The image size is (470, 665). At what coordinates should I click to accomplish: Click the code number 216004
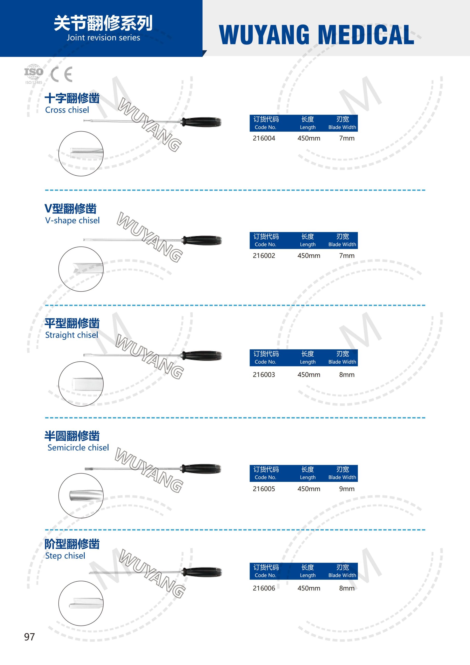pos(264,138)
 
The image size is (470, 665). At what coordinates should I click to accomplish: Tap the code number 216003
pos(264,375)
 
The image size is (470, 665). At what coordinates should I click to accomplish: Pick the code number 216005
pos(264,489)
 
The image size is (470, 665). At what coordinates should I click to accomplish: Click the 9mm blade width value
pos(347,489)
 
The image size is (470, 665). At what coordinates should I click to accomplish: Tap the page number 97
pos(29,637)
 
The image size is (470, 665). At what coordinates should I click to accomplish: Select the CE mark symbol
pos(61,75)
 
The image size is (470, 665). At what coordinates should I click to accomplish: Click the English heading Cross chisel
pos(67,110)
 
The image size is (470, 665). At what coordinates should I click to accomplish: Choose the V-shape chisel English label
pos(72,221)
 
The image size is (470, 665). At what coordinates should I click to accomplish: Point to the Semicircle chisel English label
pos(78,448)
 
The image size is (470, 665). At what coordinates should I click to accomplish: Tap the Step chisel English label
pos(65,556)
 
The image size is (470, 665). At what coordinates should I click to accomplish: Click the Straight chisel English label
pos(71,335)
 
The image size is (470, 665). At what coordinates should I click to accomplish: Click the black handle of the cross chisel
pos(201,122)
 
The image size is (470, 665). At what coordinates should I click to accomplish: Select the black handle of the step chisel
pos(202,572)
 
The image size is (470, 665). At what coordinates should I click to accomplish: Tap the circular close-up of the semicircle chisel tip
pos(81,496)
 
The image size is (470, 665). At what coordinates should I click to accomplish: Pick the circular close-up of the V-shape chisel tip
pos(81,269)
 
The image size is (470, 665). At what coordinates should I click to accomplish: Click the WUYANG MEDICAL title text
pos(316,35)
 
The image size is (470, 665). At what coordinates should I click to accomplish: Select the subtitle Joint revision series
pos(103,38)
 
